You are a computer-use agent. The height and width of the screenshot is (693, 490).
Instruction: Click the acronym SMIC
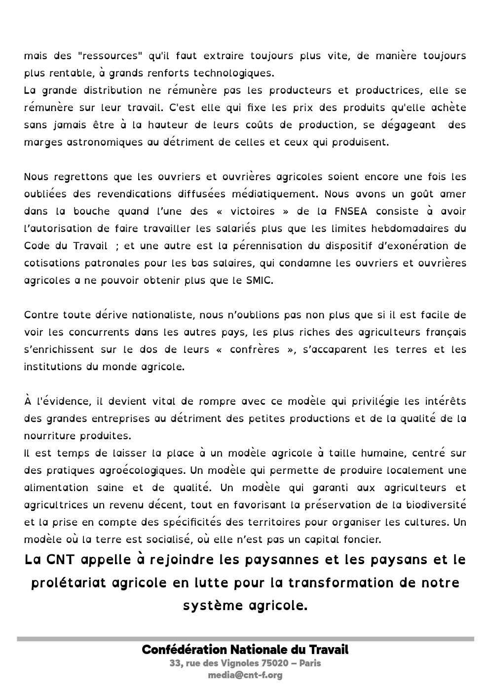(x=259, y=280)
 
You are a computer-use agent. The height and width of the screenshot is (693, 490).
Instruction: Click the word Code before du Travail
(x=36, y=246)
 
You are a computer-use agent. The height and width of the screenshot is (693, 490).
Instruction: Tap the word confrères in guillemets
(x=255, y=349)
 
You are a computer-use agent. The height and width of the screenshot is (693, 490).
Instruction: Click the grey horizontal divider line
(x=245, y=639)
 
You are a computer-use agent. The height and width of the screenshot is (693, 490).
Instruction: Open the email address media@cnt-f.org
(x=245, y=675)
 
